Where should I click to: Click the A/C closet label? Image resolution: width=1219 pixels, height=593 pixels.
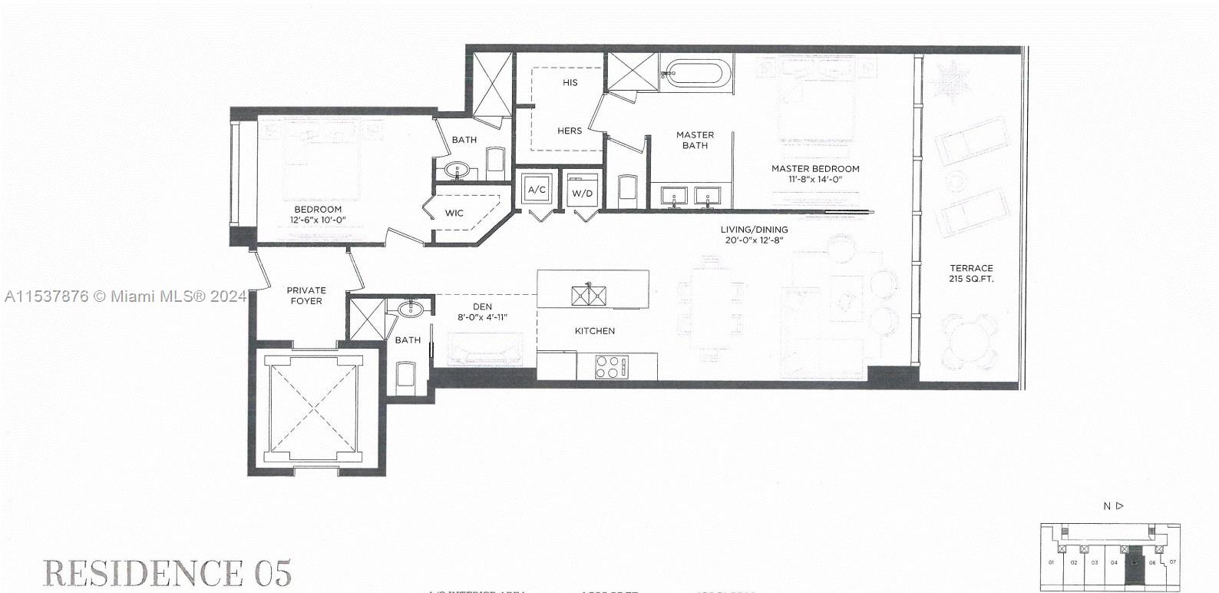tap(536, 190)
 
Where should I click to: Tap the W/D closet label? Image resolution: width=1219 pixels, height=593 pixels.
tap(582, 192)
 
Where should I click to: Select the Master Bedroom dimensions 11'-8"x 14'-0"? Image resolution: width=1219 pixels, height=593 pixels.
tap(815, 179)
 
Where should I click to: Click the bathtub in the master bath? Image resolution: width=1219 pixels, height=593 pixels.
tap(695, 75)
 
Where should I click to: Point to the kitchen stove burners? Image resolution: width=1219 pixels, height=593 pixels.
tap(612, 366)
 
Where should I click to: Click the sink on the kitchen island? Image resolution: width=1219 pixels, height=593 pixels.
tap(589, 294)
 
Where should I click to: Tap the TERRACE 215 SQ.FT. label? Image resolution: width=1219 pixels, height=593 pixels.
tap(971, 273)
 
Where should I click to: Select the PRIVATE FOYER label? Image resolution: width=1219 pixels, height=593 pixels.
tap(306, 296)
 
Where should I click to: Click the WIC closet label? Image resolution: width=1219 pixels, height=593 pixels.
tap(454, 213)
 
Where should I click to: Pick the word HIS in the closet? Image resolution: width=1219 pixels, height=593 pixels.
tap(570, 82)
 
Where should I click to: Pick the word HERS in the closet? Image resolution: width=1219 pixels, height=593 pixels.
tap(570, 131)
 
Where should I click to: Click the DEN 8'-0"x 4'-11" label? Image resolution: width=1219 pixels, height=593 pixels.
tap(482, 311)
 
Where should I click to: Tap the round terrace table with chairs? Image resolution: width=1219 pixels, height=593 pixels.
tap(970, 341)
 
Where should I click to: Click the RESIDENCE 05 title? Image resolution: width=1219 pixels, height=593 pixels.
tap(167, 573)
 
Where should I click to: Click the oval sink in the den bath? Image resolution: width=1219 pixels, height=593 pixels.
tap(411, 309)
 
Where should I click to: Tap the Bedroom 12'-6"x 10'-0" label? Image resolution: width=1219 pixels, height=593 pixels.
tap(318, 214)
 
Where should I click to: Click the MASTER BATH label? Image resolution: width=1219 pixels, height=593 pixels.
tap(695, 140)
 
